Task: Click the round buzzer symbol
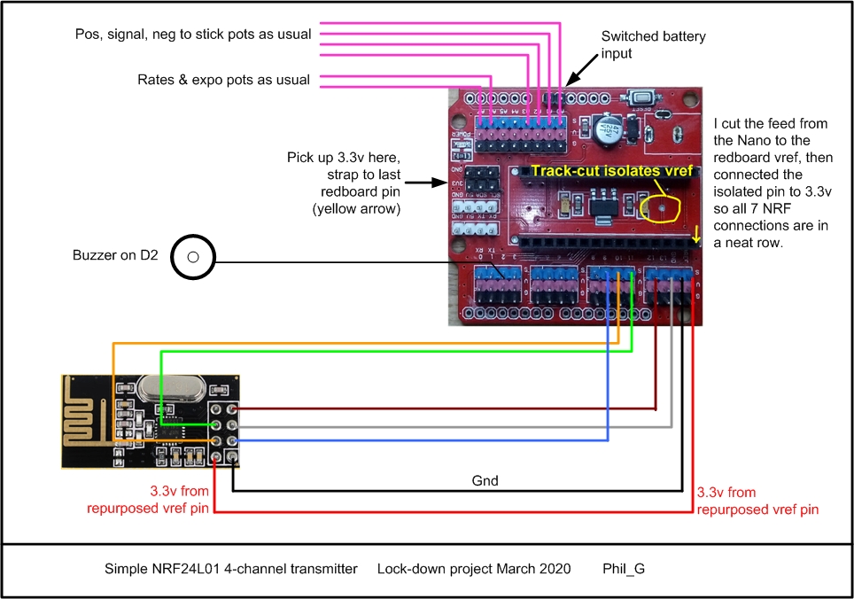[192, 258]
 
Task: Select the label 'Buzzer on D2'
[114, 256]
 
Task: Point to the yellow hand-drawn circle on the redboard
[661, 206]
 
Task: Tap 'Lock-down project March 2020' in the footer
[474, 567]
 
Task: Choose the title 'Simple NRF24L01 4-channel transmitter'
[230, 567]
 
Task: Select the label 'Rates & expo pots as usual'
[223, 80]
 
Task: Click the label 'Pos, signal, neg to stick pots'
[193, 35]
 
